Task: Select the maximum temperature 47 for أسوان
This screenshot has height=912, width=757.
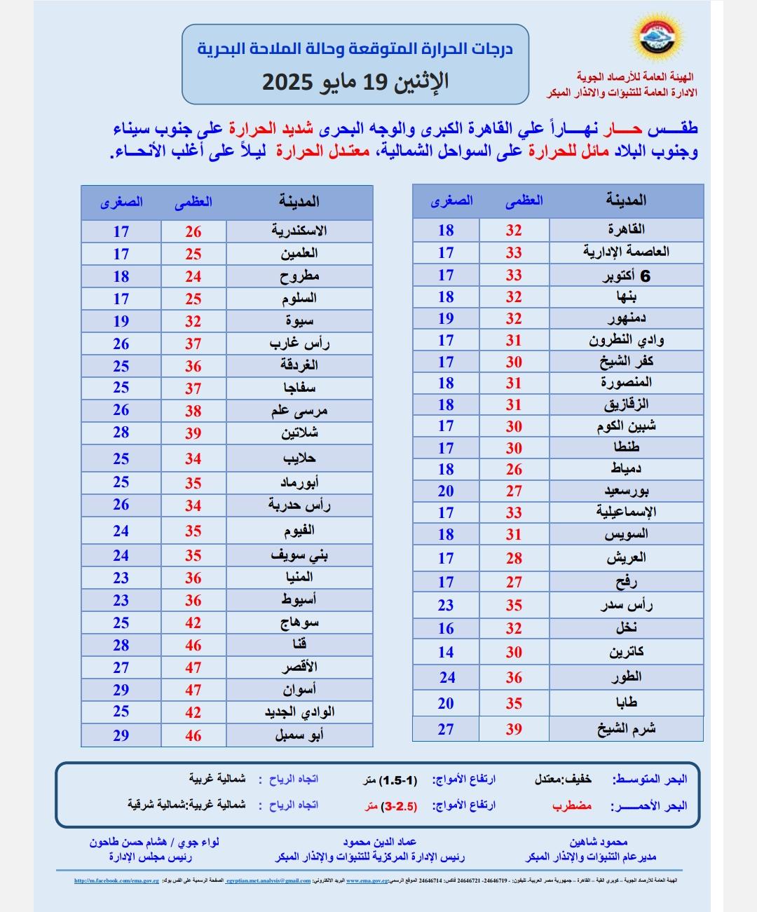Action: pyautogui.click(x=193, y=690)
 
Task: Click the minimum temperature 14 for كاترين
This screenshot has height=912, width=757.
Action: pyautogui.click(x=446, y=652)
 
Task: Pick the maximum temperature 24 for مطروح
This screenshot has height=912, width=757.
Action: pyautogui.click(x=193, y=276)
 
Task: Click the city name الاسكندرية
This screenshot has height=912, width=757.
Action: pyautogui.click(x=299, y=231)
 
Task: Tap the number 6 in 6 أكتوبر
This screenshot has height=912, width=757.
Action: pyautogui.click(x=646, y=276)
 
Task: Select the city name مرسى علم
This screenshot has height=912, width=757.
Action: pyautogui.click(x=299, y=411)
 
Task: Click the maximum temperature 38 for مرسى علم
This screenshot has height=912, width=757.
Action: pyautogui.click(x=193, y=411)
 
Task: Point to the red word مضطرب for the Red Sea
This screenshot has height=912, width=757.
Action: pyautogui.click(x=572, y=805)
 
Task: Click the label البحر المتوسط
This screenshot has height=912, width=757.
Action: pyautogui.click(x=650, y=779)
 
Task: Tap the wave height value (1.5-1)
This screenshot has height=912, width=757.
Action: pyautogui.click(x=398, y=780)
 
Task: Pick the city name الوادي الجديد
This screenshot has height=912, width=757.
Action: pyautogui.click(x=299, y=712)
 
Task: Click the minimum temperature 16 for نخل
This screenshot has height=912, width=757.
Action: pyautogui.click(x=446, y=629)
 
